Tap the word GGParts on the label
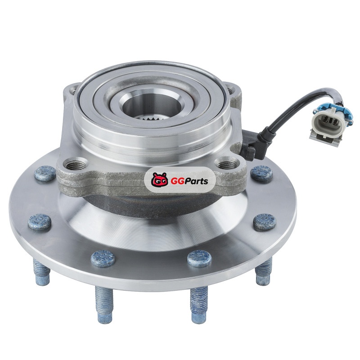coord(189,181)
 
